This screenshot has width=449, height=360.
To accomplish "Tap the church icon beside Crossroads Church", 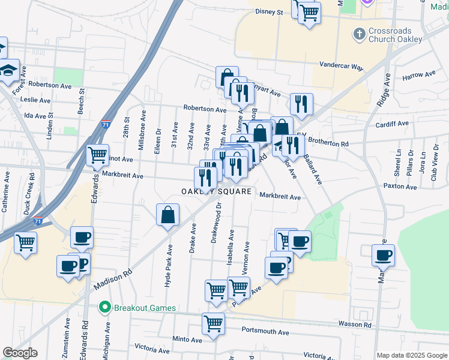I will (x=359, y=34).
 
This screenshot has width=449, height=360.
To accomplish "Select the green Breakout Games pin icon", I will (x=105, y=308).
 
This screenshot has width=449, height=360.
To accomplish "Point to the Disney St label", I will (x=269, y=11).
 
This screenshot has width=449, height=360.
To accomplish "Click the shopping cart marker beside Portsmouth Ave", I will (x=213, y=324).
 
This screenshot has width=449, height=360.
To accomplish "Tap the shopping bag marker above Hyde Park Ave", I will (x=168, y=214).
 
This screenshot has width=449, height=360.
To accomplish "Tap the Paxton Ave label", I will (x=400, y=187).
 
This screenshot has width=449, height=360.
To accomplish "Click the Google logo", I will (x=20, y=353).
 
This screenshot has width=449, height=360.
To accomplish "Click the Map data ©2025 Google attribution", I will (x=411, y=355).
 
